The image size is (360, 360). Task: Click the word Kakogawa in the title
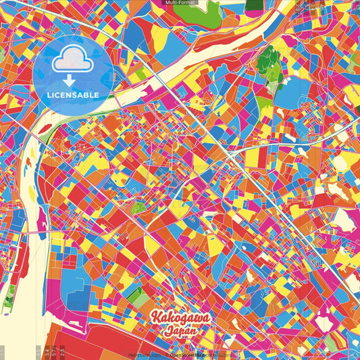(x=180, y=317)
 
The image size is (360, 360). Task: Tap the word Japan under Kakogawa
(x=179, y=332)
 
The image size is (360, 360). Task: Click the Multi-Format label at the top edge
(x=180, y=3)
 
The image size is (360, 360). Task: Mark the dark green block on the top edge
(x=255, y=5)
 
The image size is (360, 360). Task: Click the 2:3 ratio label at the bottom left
(x=62, y=351)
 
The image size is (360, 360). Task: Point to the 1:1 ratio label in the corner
(x=3, y=353)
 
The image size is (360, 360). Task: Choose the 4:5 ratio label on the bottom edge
(x=47, y=351)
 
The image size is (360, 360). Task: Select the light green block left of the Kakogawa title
(x=135, y=294)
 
